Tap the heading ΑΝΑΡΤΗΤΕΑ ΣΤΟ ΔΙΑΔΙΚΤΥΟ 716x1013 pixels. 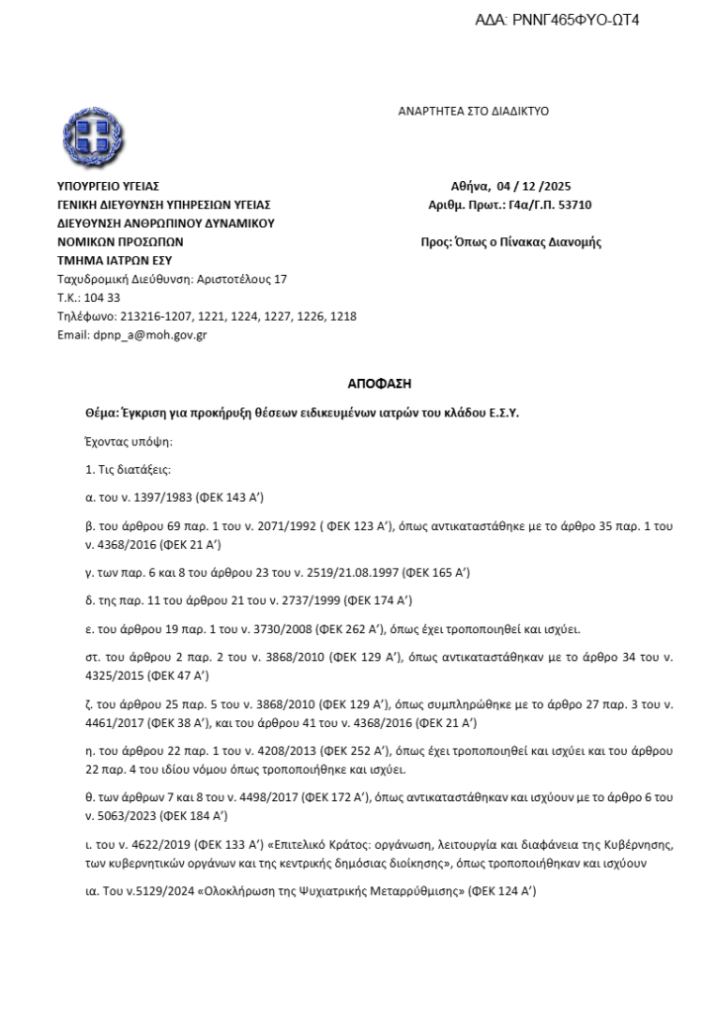(474, 112)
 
